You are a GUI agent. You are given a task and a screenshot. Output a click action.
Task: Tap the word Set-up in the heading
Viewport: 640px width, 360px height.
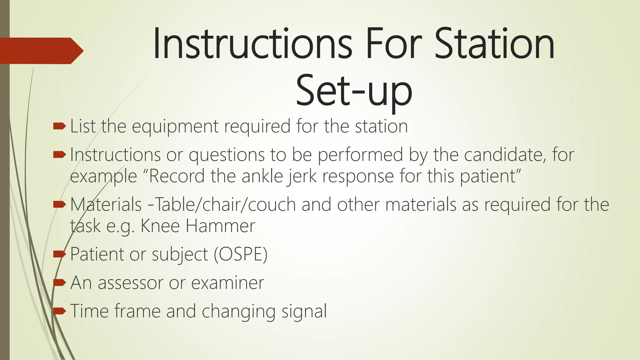[354, 91]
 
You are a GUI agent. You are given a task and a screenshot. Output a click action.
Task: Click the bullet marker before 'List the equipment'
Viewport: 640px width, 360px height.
[59, 126]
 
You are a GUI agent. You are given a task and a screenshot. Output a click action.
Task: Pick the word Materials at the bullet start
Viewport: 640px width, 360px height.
[106, 205]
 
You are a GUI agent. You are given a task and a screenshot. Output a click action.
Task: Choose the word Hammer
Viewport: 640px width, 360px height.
[220, 226]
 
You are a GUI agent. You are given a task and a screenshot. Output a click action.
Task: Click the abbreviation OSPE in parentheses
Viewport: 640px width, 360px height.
[241, 254]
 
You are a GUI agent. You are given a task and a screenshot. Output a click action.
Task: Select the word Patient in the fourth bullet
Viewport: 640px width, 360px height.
[97, 254]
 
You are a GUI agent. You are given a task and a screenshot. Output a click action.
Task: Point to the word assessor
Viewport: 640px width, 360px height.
[131, 283]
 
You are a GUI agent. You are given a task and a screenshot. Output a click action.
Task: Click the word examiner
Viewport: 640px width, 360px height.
[227, 283]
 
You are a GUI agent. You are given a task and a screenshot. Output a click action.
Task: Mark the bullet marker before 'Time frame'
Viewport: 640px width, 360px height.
[59, 311]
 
